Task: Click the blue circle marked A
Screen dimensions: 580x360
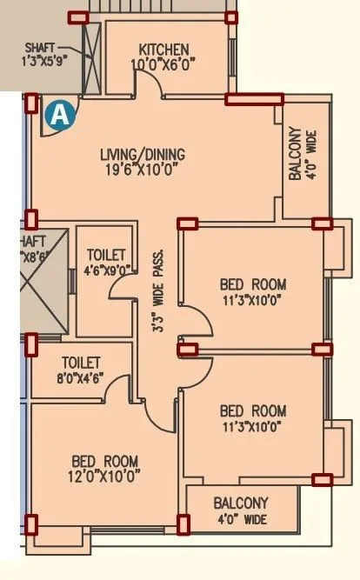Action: pyautogui.click(x=59, y=115)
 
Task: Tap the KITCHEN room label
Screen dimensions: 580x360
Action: pyautogui.click(x=164, y=49)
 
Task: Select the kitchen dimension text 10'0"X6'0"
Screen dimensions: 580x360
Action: pyautogui.click(x=164, y=63)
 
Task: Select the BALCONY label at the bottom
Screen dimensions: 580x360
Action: pyautogui.click(x=241, y=503)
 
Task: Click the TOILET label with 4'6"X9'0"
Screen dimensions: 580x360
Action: pyautogui.click(x=107, y=254)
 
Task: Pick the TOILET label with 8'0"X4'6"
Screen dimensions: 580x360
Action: pyautogui.click(x=80, y=362)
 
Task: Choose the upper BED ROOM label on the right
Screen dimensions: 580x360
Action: pyautogui.click(x=251, y=284)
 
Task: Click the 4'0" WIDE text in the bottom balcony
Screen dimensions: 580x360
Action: pyautogui.click(x=243, y=520)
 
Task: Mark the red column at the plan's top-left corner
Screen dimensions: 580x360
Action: pyautogui.click(x=77, y=17)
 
